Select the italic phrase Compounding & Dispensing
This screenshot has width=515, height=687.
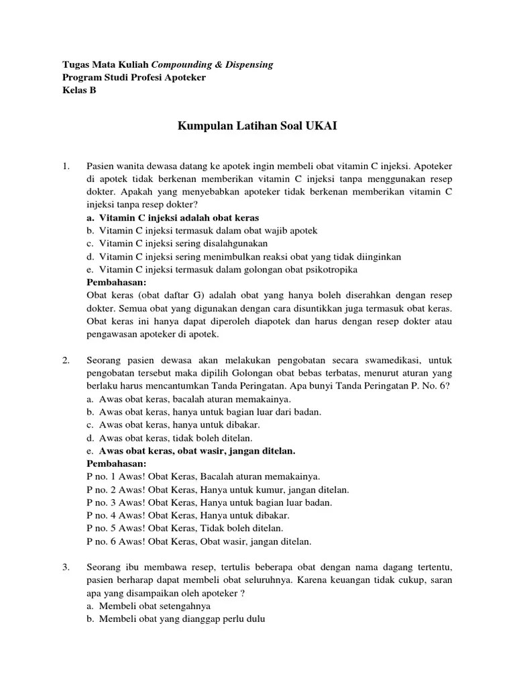(x=212, y=64)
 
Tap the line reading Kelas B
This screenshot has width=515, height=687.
(x=79, y=91)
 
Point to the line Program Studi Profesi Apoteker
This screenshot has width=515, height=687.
(x=134, y=78)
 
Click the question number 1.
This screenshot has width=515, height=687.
(x=66, y=166)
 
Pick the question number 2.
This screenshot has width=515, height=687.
(x=66, y=360)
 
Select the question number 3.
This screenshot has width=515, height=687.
(x=66, y=568)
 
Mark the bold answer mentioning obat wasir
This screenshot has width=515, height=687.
(x=197, y=450)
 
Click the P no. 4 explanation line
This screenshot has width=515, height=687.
(x=188, y=515)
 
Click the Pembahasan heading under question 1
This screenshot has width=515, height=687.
(x=117, y=282)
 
